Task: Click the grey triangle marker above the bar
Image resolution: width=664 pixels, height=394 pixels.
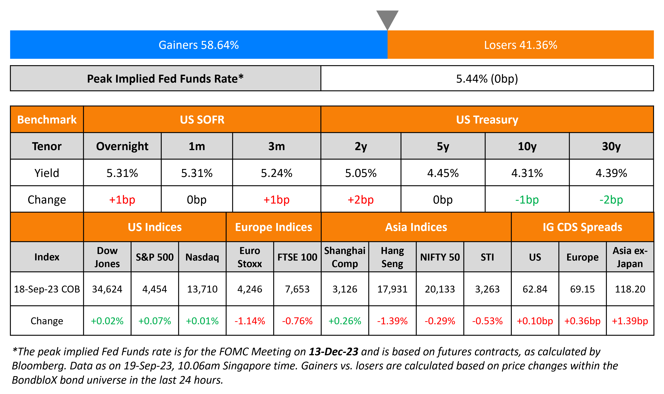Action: tap(387, 19)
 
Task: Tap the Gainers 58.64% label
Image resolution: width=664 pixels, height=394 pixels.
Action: tap(199, 45)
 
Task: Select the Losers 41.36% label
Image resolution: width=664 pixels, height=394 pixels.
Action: tap(521, 45)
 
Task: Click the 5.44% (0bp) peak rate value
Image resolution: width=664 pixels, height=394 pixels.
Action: tap(487, 79)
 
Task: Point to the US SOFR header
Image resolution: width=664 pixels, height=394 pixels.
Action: tap(202, 120)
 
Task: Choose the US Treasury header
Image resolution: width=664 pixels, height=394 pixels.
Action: tap(487, 120)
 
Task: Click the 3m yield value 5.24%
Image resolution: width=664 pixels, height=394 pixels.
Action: tap(276, 173)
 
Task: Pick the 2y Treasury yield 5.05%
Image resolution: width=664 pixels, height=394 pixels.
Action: tap(361, 173)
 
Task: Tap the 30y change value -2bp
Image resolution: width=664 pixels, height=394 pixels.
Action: tap(611, 200)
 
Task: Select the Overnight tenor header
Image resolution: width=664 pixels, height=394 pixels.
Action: tap(122, 146)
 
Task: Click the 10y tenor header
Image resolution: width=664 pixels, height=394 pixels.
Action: tap(527, 146)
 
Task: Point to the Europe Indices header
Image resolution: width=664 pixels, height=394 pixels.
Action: tap(273, 227)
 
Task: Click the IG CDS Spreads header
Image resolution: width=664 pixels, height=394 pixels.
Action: tap(582, 227)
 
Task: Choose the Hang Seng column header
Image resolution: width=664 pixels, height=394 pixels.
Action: tap(392, 257)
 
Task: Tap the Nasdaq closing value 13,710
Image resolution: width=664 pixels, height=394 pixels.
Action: tap(202, 289)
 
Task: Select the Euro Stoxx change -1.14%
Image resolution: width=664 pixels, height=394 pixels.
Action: tap(250, 321)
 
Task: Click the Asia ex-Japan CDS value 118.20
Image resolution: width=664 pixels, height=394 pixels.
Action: tap(630, 289)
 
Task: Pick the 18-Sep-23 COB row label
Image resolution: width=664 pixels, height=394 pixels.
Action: tap(47, 289)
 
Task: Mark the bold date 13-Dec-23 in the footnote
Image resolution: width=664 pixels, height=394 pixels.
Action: tap(333, 352)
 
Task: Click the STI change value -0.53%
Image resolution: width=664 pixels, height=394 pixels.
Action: tap(487, 321)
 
